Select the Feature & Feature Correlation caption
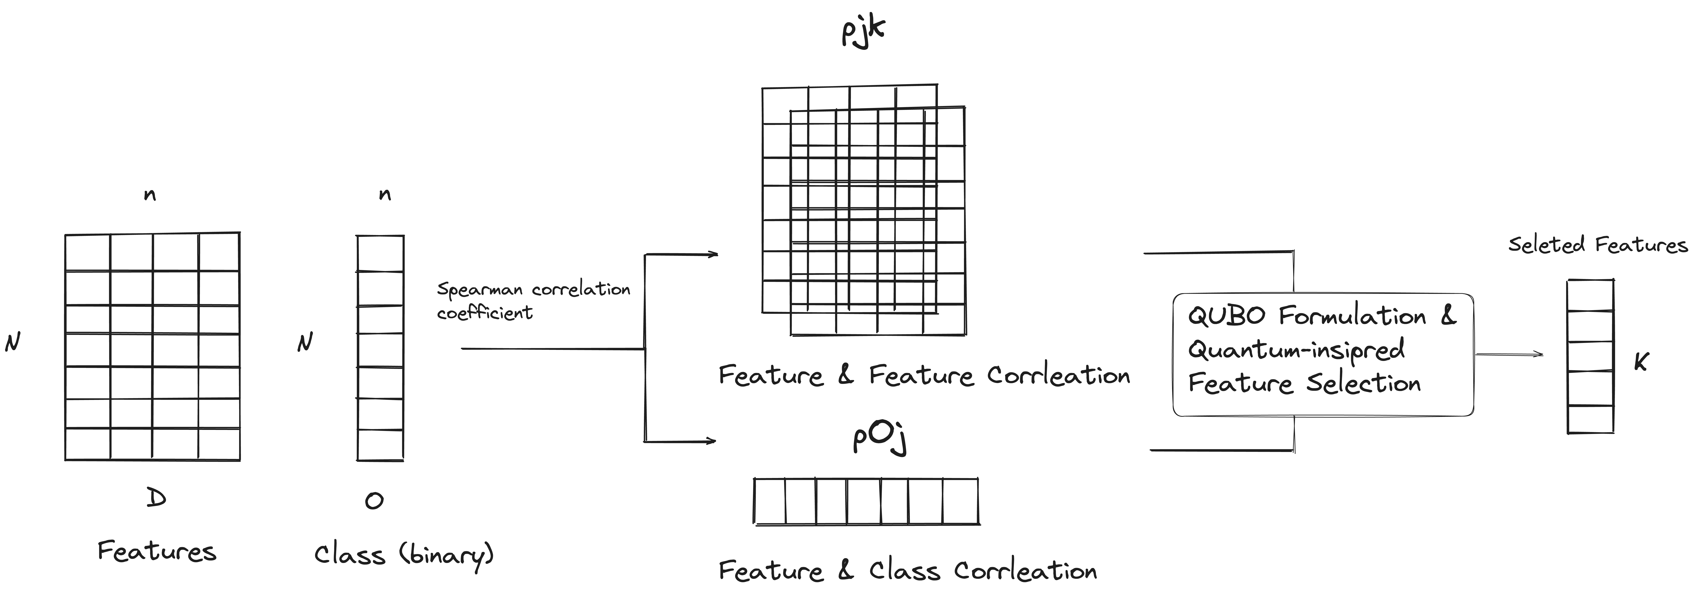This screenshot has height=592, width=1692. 924,375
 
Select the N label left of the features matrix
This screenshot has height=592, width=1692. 12,342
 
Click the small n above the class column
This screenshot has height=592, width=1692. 385,195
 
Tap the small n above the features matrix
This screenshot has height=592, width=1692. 150,195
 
